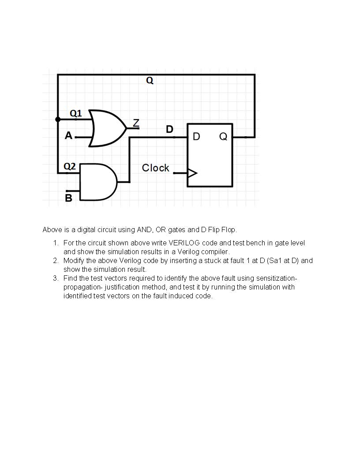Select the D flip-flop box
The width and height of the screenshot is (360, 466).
[210, 155]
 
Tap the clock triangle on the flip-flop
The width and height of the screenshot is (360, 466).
[192, 173]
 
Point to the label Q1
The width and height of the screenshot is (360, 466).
[76, 113]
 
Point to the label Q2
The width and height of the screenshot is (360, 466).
[70, 166]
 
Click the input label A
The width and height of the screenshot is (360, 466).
[68, 136]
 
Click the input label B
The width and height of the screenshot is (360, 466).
[68, 198]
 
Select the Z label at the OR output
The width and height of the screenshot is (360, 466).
[136, 123]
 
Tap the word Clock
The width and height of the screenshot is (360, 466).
[155, 168]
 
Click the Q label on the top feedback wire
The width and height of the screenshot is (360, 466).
[150, 81]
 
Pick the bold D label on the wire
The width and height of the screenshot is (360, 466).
[169, 129]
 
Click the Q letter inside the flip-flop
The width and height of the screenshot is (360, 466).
[223, 137]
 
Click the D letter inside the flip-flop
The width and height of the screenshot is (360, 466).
[196, 137]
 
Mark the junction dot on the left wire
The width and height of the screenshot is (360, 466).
[58, 119]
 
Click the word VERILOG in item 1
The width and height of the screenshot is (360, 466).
[184, 243]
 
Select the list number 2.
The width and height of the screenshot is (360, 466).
[56, 261]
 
